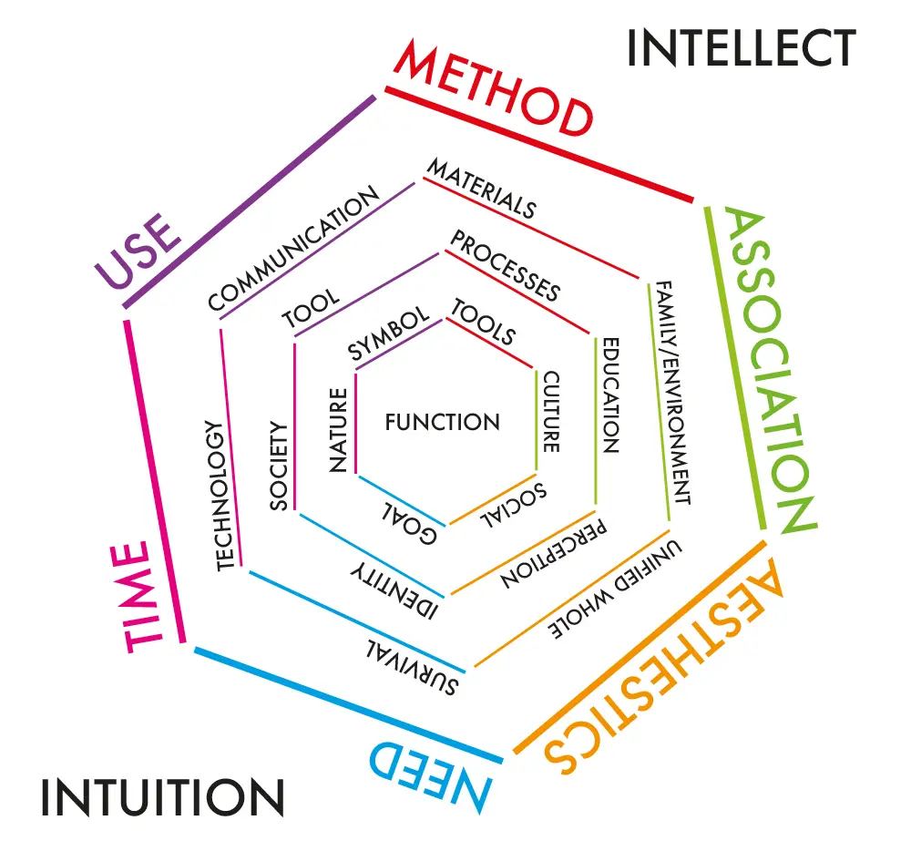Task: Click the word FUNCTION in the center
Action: [442, 422]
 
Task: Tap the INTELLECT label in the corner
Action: [741, 47]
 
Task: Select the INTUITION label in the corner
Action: [162, 797]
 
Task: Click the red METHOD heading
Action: [493, 89]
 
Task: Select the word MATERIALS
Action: [482, 189]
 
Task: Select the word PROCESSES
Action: [506, 266]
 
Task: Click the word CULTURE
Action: [551, 412]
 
